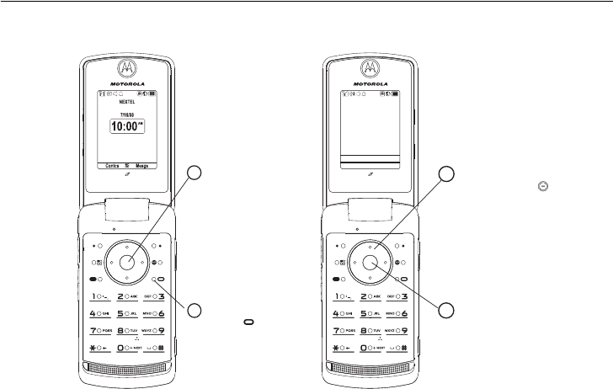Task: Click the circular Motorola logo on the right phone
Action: [369, 67]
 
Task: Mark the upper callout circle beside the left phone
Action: [195, 174]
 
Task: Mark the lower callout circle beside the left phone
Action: [195, 311]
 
